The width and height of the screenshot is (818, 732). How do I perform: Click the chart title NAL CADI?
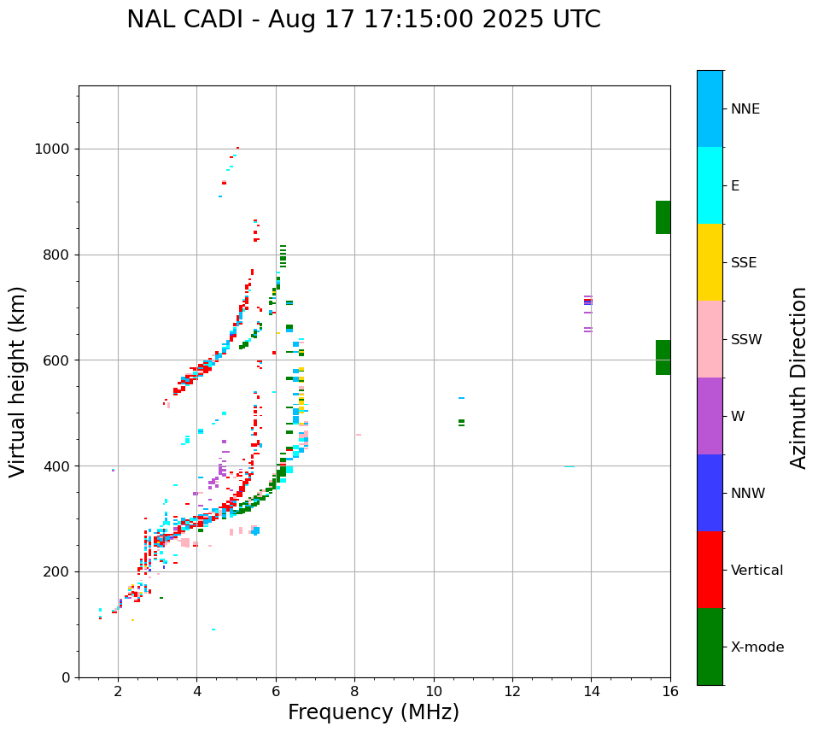[363, 20]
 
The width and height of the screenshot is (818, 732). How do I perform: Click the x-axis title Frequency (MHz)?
[373, 712]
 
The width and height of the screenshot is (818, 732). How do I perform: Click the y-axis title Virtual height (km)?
[18, 381]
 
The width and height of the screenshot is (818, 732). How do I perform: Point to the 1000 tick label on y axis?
[52, 149]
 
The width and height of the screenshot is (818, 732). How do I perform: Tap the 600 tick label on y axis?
[56, 360]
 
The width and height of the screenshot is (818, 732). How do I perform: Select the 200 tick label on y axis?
[56, 571]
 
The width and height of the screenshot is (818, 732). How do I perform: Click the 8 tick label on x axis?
[354, 691]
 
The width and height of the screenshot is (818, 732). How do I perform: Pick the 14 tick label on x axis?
[591, 691]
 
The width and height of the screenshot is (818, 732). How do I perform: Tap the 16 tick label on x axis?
[669, 691]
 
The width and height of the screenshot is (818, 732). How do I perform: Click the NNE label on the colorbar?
[745, 109]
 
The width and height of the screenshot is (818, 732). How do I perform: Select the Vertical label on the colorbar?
[757, 571]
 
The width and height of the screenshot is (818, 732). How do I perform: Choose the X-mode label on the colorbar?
[757, 647]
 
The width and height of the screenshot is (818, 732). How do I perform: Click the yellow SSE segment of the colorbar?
[710, 261]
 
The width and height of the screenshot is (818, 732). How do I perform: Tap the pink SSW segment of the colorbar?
[710, 338]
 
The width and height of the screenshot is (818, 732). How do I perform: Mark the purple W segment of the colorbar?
[710, 415]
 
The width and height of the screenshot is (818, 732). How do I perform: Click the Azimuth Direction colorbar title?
[798, 378]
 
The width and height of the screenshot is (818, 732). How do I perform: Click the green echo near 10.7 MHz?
[461, 422]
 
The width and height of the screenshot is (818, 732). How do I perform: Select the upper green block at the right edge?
[663, 217]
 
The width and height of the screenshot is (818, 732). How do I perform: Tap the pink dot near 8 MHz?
[359, 435]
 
